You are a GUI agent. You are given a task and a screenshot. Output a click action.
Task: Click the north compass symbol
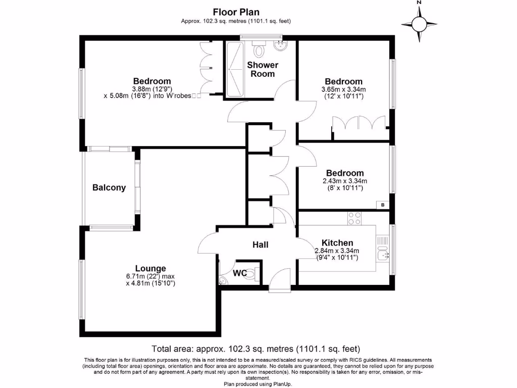click(419, 23)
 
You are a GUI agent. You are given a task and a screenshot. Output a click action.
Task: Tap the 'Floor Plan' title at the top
click(236, 12)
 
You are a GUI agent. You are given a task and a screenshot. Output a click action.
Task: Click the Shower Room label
click(263, 69)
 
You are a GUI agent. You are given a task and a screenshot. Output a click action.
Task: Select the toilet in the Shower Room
click(260, 50)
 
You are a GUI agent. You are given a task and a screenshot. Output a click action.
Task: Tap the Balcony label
click(109, 187)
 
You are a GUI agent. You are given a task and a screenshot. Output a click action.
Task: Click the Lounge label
click(150, 268)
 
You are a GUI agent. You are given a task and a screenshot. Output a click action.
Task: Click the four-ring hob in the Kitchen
click(354, 218)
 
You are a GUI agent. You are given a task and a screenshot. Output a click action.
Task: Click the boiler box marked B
click(383, 205)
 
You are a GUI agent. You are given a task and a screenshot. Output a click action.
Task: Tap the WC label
click(240, 273)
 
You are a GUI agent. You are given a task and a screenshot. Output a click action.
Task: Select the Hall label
click(261, 245)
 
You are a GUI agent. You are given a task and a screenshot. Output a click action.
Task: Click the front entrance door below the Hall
click(280, 281)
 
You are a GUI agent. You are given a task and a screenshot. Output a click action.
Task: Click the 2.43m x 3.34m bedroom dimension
click(344, 181)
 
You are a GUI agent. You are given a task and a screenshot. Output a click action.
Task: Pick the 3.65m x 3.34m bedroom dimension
click(344, 89)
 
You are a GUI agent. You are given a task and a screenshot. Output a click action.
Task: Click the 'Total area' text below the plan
click(256, 349)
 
